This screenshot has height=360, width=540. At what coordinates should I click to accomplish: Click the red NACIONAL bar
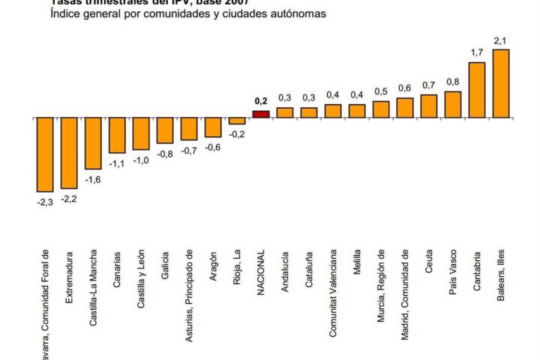[x=261, y=114]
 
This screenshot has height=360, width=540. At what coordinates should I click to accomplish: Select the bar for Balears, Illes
[x=501, y=83]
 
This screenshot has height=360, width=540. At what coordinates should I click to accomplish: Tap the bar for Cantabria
[x=477, y=90]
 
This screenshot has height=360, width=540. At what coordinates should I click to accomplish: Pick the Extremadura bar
[x=69, y=153]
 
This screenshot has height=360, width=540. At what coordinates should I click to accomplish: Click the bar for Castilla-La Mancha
[x=93, y=143]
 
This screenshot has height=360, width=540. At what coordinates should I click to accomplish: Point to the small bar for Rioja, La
[x=237, y=121]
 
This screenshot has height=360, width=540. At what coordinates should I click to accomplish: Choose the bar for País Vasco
[x=453, y=104]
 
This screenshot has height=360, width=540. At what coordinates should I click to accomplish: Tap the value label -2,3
[x=45, y=201]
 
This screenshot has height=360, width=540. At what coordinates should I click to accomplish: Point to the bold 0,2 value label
[x=261, y=101]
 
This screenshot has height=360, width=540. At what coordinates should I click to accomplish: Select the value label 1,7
[x=477, y=53]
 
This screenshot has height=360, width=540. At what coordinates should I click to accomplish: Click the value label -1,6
[x=93, y=178]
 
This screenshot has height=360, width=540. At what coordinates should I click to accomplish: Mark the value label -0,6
[x=213, y=147]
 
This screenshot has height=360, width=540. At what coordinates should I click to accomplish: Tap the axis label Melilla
[x=357, y=262]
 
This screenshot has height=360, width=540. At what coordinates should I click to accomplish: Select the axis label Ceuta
[x=429, y=260]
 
